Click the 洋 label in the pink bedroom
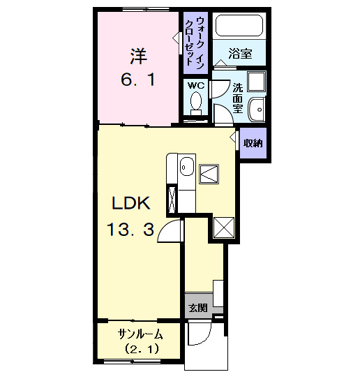click(x=139, y=56)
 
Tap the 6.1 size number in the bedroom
click(x=138, y=80)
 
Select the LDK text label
click(x=131, y=203)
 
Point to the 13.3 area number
click(x=130, y=230)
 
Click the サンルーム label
click(x=140, y=334)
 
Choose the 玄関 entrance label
click(x=198, y=308)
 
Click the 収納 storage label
click(x=253, y=143)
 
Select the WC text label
click(x=196, y=85)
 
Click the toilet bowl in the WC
click(x=196, y=103)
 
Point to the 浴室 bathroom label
click(x=240, y=54)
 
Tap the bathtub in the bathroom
click(x=239, y=26)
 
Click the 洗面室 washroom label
click(x=237, y=98)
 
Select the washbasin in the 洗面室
click(x=257, y=110)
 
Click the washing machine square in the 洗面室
click(x=256, y=82)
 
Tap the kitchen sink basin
click(x=187, y=167)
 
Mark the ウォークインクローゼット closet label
click(x=195, y=43)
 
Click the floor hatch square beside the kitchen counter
click(x=209, y=174)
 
